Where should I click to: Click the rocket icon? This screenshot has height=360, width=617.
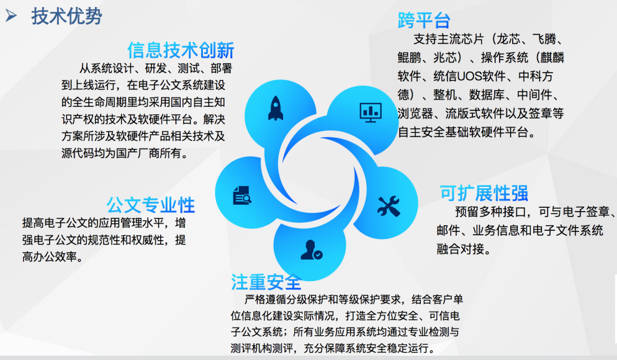point(276,108)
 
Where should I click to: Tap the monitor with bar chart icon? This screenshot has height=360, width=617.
point(371,113)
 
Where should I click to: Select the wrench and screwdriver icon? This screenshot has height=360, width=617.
point(389,206)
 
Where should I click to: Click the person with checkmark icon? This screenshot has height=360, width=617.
point(311,250)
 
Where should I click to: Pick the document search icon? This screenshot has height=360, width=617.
point(242,195)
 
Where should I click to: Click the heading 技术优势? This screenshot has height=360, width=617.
point(66,16)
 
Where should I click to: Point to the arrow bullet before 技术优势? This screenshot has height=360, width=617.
point(11,16)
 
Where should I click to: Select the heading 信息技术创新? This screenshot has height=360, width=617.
point(181,50)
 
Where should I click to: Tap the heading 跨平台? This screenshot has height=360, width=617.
point(424,20)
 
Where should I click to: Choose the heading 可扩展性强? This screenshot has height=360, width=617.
point(484,193)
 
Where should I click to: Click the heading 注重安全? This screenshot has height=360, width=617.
point(266,282)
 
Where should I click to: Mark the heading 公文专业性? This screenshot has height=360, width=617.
point(151,205)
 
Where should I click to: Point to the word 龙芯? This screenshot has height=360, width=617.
point(508,39)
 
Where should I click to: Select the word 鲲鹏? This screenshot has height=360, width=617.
point(409,58)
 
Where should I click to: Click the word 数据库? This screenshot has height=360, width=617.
point(487,94)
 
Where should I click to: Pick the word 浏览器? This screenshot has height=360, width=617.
point(415,114)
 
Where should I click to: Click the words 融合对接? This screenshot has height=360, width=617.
point(460,249)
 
